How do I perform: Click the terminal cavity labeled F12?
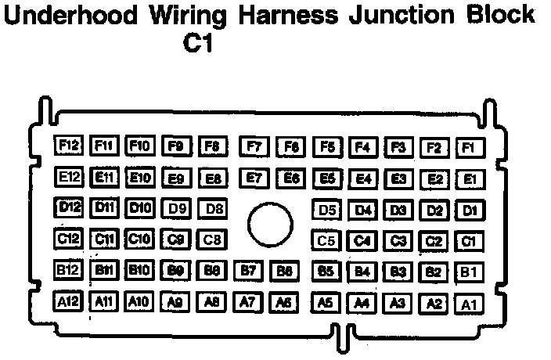point(69,146)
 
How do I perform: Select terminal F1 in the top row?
point(469,147)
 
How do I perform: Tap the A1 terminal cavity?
point(469,304)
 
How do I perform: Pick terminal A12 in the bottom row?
point(69,301)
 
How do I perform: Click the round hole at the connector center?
point(270,224)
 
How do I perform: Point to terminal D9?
point(177,209)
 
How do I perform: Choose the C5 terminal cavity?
point(327,240)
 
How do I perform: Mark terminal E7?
point(254,178)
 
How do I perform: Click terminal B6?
point(285,271)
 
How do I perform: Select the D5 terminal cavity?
point(327,210)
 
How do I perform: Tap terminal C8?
point(213,239)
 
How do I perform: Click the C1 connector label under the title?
point(197,44)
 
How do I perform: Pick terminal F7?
point(254,146)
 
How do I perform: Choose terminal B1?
point(468,272)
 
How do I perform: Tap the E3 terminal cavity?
point(399,178)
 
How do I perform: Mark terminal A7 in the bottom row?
point(247,301)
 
